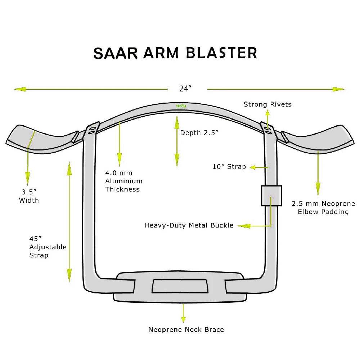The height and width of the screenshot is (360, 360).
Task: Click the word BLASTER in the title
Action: point(222,53)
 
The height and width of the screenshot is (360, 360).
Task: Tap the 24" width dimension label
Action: point(184,89)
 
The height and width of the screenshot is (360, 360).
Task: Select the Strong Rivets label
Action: point(267,104)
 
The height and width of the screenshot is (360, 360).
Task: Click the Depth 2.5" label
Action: point(199,133)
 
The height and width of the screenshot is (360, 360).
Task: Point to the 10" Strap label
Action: point(229,167)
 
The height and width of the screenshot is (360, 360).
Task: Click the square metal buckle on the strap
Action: point(271,195)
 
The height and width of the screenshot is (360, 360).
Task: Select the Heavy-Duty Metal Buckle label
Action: point(189,226)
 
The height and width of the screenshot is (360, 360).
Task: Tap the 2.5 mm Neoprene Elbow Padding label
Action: point(323,208)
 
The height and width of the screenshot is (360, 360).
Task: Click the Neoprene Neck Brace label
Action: point(186,330)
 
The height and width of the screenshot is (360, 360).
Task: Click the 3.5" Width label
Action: point(29,196)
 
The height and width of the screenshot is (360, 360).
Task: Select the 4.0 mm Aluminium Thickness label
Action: point(123,181)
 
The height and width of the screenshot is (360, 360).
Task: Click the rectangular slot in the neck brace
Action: point(180,286)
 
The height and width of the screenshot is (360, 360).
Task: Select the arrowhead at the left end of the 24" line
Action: point(19,89)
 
